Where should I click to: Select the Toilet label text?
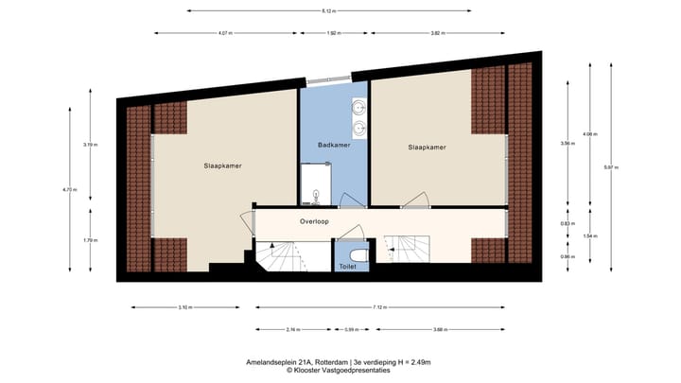click(347, 267)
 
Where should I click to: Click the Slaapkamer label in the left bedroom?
click(221, 165)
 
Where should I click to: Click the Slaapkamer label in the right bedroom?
click(428, 148)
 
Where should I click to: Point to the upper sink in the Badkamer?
click(359, 106)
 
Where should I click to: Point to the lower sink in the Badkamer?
click(359, 125)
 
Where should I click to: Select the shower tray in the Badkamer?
click(313, 183)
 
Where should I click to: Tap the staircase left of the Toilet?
click(280, 255)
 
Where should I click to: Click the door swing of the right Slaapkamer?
click(415, 200)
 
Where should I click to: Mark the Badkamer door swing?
click(352, 199)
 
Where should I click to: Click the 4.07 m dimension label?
click(225, 33)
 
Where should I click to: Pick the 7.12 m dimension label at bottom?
click(378, 307)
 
